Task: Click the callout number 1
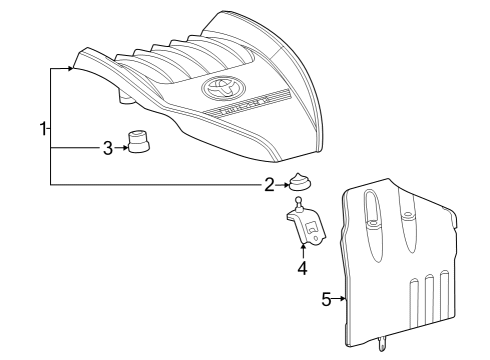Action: point(43,129)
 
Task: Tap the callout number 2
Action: point(269,184)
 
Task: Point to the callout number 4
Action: point(302,267)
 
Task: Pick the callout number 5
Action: point(326,298)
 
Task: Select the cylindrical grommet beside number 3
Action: point(138,142)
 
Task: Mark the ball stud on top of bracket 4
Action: point(298,203)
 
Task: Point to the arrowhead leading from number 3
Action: point(124,148)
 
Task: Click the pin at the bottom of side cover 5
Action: point(382,344)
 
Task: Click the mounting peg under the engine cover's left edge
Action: point(127,97)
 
